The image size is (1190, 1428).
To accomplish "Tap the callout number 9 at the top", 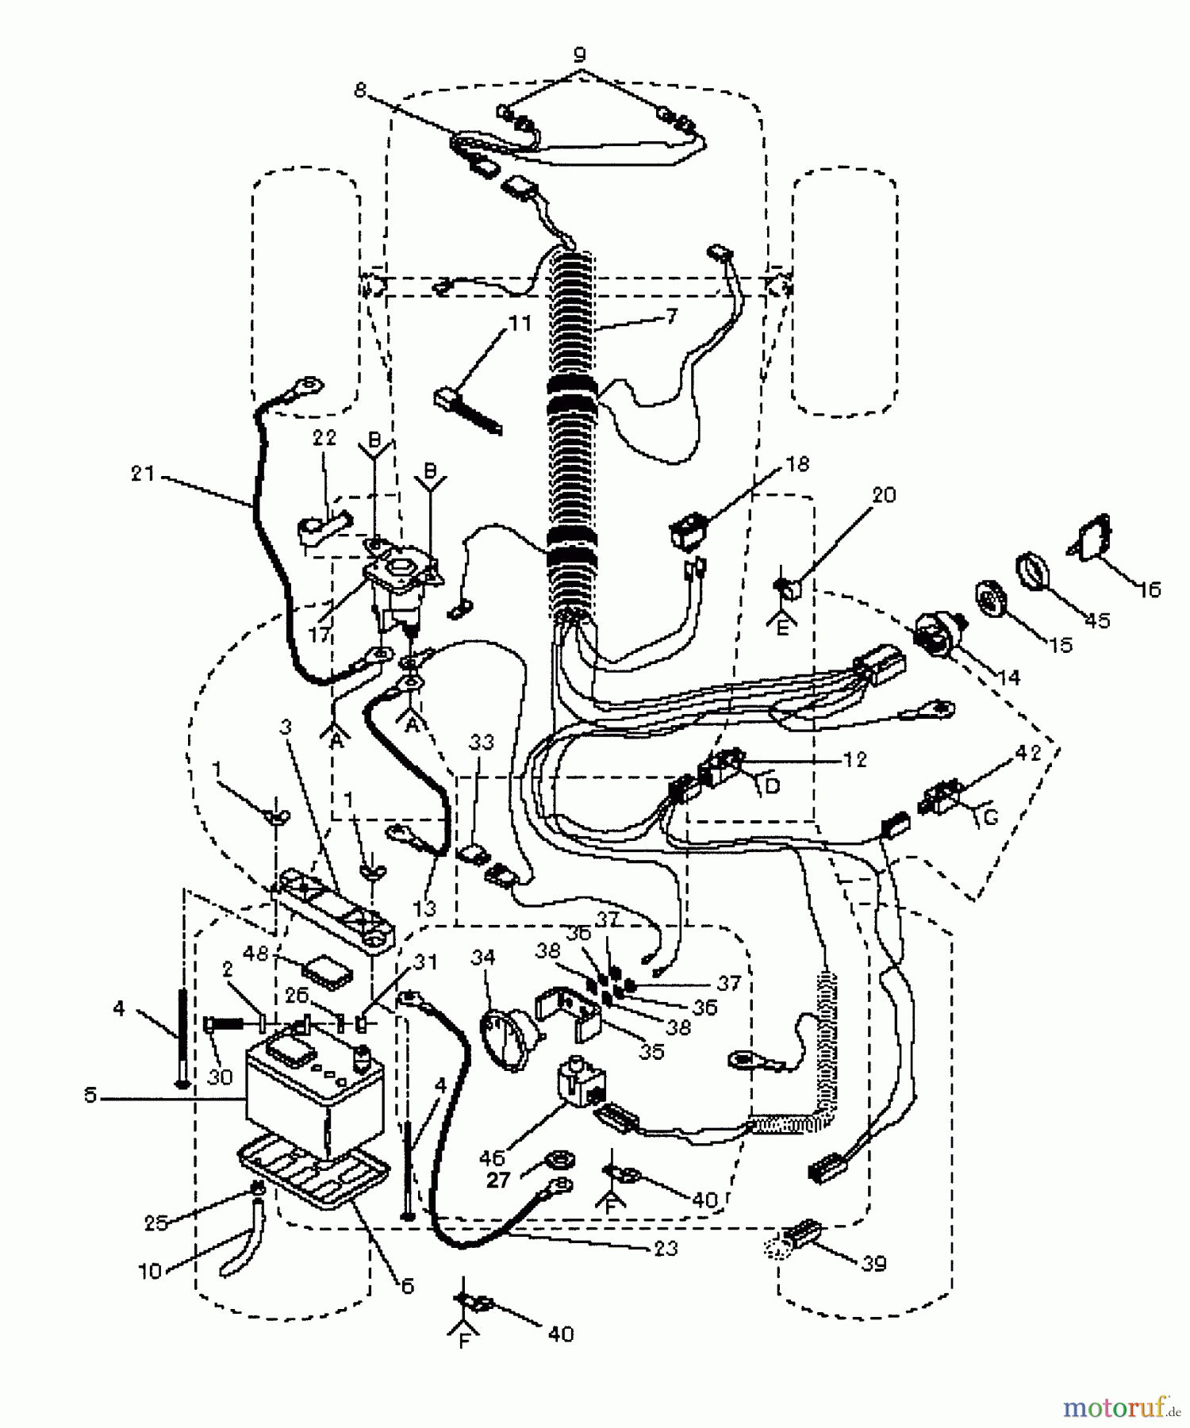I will (x=579, y=56).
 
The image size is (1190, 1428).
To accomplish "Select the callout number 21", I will (x=143, y=474).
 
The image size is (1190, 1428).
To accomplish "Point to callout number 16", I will (x=1149, y=589).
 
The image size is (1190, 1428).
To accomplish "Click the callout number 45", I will (x=1098, y=620).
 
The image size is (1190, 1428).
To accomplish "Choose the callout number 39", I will (x=873, y=1262).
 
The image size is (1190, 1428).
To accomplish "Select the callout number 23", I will (x=666, y=1248).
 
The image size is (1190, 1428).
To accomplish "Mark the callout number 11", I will (x=520, y=324).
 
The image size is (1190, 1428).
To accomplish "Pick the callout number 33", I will (x=482, y=742).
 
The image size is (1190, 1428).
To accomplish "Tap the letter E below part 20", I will (x=783, y=628).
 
